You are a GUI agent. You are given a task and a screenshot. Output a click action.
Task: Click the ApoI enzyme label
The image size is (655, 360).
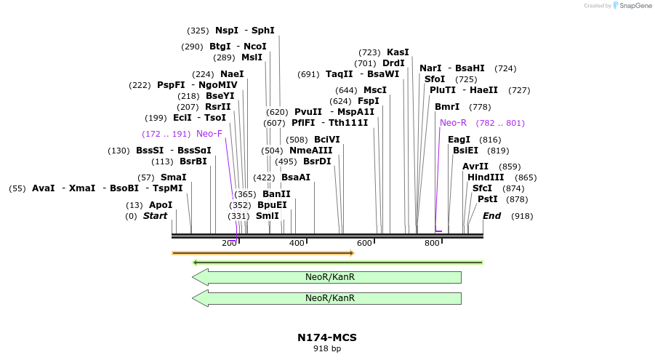(161, 205)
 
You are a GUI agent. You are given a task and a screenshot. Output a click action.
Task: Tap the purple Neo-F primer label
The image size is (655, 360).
(209, 134)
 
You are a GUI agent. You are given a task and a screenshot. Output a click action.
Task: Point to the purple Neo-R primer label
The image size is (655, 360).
(454, 123)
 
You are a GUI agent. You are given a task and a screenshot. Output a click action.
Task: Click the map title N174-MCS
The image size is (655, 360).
(327, 337)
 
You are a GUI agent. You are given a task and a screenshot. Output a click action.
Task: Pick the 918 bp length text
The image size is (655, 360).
(327, 349)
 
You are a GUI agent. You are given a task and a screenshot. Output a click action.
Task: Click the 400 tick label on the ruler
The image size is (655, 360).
(297, 243)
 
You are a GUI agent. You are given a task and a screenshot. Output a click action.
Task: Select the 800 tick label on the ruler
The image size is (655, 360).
(432, 243)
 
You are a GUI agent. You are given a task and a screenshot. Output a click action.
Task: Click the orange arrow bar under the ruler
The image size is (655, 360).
(262, 253)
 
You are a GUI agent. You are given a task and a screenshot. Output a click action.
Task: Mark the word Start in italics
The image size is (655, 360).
(155, 216)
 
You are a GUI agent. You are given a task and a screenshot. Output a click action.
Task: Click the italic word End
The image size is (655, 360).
(492, 216)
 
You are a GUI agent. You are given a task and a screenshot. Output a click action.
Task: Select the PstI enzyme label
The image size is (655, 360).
(488, 199)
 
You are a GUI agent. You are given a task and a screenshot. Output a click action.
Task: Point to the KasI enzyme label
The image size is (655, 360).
(398, 52)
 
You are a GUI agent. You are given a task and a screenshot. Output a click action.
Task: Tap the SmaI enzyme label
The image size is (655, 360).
(174, 177)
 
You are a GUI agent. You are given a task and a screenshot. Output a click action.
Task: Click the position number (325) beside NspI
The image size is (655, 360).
(198, 31)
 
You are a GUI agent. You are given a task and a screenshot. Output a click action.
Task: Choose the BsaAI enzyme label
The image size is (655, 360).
(296, 177)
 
